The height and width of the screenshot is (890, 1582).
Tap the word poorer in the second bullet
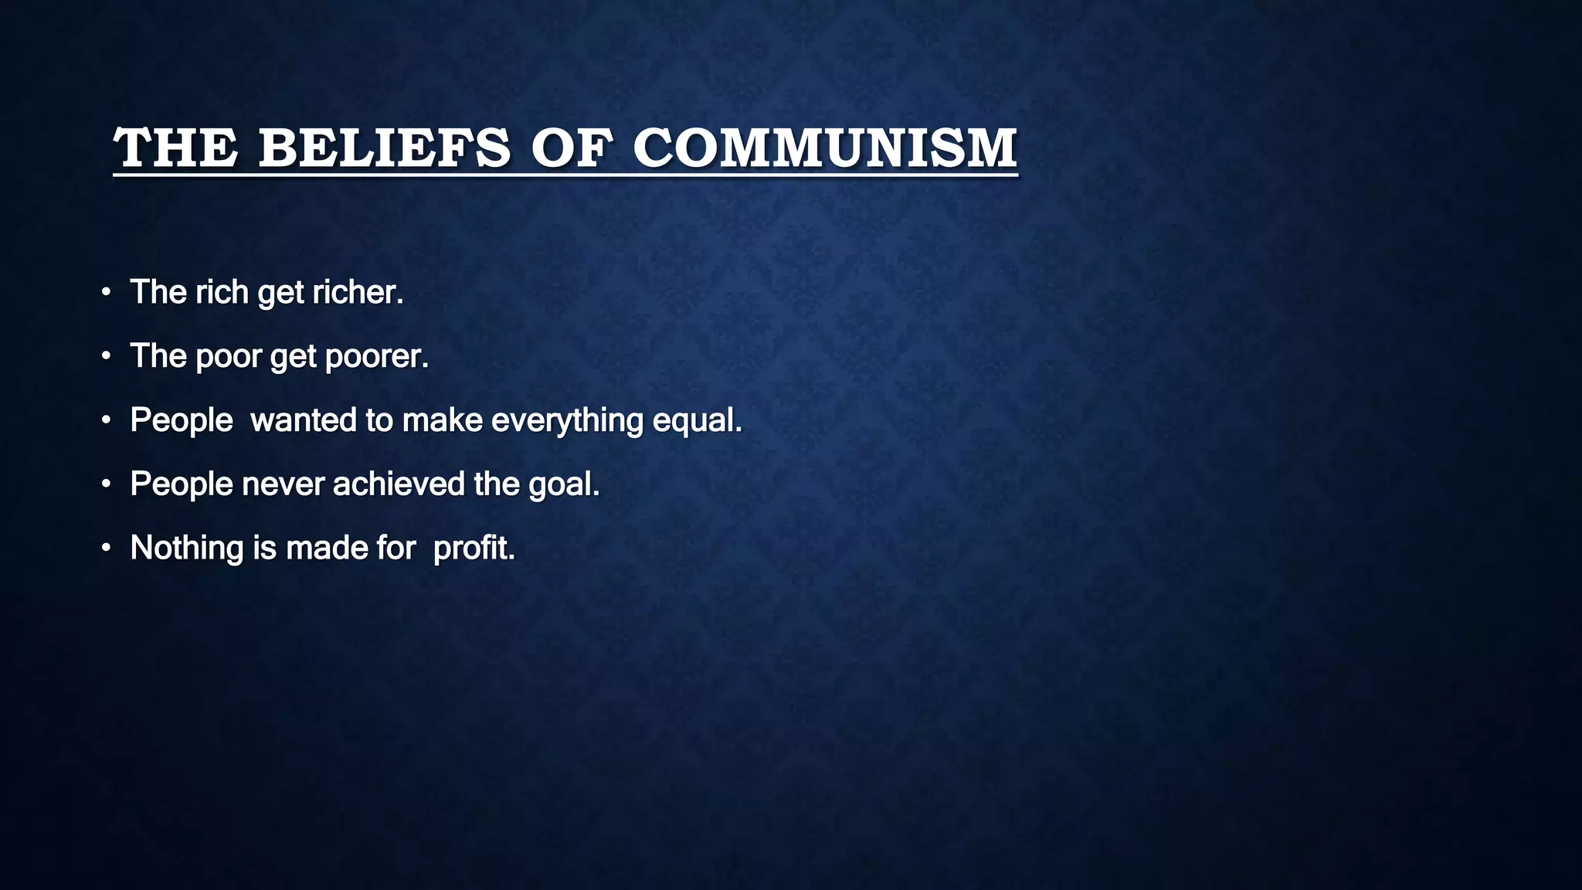point(376,356)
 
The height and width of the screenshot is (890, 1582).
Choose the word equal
point(697,422)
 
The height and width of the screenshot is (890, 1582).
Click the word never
point(283,484)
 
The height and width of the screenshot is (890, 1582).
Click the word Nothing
point(187,548)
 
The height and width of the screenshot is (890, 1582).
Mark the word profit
point(474,548)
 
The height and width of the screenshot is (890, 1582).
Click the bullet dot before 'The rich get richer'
point(107,293)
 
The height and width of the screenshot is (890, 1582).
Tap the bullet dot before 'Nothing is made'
point(107,549)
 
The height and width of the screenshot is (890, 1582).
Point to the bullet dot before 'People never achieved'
point(107,484)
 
